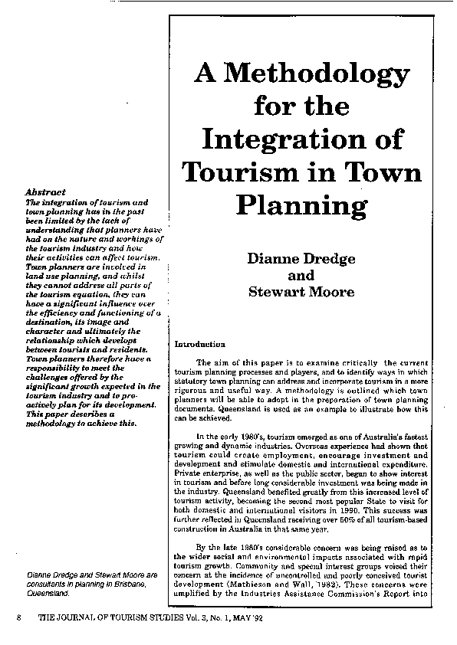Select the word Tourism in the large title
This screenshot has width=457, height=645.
pyautogui.click(x=247, y=172)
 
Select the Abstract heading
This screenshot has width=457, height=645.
pyautogui.click(x=45, y=192)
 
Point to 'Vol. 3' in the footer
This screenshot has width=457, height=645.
pyautogui.click(x=173, y=616)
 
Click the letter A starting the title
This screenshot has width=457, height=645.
pyautogui.click(x=204, y=74)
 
